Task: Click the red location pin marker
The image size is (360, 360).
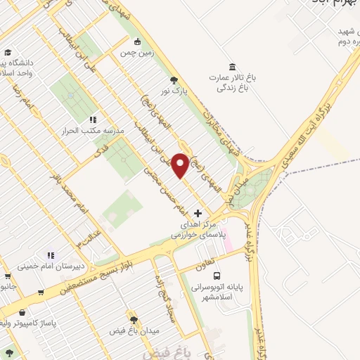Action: point(181,165)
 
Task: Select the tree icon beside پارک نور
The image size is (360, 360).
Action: point(174,80)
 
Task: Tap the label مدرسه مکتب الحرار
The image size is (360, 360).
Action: point(94,131)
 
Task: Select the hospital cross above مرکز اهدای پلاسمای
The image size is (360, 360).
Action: point(198,212)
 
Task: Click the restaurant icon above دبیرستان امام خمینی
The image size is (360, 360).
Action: point(50,255)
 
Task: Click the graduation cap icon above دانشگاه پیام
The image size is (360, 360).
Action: point(8,52)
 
